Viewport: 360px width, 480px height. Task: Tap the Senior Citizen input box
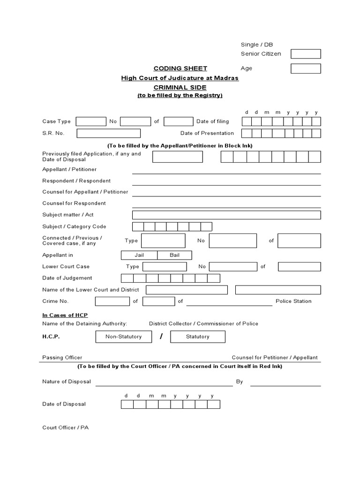pyautogui.click(x=306, y=54)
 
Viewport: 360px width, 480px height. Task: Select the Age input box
pyautogui.click(x=306, y=68)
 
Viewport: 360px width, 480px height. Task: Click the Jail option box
pyautogui.click(x=139, y=255)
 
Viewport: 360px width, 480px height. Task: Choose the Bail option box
pyautogui.click(x=174, y=255)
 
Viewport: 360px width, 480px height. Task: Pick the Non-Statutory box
pyautogui.click(x=124, y=337)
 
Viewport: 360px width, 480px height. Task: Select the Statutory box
pyautogui.click(x=197, y=337)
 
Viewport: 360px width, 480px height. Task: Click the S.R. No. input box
pyautogui.click(x=108, y=134)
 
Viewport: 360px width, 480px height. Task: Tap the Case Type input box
pyautogui.click(x=91, y=122)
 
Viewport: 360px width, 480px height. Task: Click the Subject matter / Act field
pyautogui.click(x=226, y=215)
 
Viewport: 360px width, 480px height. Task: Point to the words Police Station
pyautogui.click(x=293, y=301)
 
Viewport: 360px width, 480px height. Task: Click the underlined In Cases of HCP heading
pyautogui.click(x=65, y=315)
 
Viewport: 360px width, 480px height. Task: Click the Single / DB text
pyautogui.click(x=256, y=45)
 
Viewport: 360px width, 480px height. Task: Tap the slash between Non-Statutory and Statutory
pyautogui.click(x=161, y=337)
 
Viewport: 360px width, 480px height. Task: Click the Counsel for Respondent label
pyautogui.click(x=74, y=203)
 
